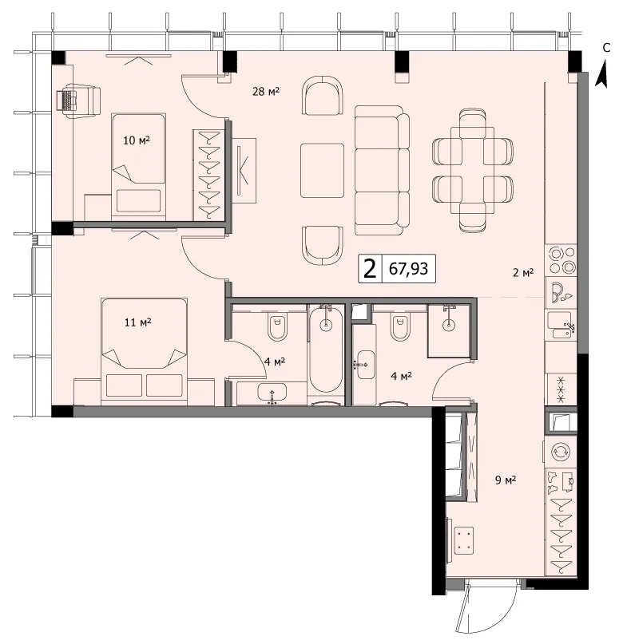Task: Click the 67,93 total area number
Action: (408, 269)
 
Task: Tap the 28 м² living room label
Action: (266, 91)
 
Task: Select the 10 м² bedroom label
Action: (137, 140)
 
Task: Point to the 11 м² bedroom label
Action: (137, 322)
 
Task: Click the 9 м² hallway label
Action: (506, 480)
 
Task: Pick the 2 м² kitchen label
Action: (523, 272)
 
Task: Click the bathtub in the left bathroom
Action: (327, 349)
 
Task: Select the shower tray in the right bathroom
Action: (449, 330)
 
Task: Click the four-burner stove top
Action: (561, 261)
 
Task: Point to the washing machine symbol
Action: (561, 451)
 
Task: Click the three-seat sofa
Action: (382, 171)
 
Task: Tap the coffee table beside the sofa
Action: (322, 171)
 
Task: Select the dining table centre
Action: (473, 171)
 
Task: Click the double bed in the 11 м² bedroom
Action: (144, 348)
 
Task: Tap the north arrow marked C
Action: (603, 74)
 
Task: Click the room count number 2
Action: (371, 269)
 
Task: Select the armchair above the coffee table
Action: (323, 95)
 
